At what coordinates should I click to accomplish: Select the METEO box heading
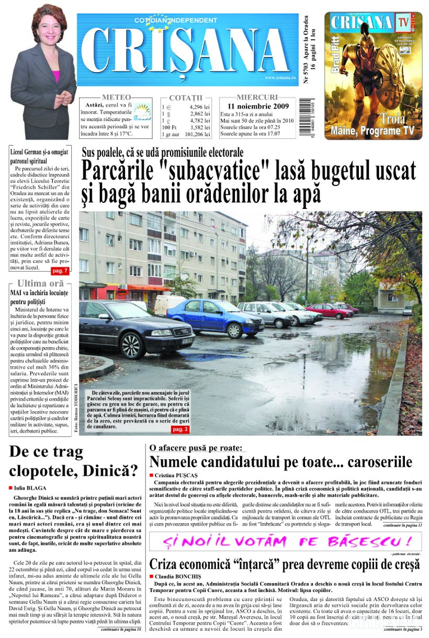click(x=116, y=97)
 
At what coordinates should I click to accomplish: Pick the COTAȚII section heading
click(x=186, y=98)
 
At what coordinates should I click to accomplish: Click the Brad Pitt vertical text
click(x=335, y=55)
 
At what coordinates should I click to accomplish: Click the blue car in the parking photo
click(x=214, y=318)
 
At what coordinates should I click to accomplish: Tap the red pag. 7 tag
click(x=60, y=271)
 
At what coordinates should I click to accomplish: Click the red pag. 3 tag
click(x=180, y=429)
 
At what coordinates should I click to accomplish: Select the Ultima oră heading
click(x=40, y=284)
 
